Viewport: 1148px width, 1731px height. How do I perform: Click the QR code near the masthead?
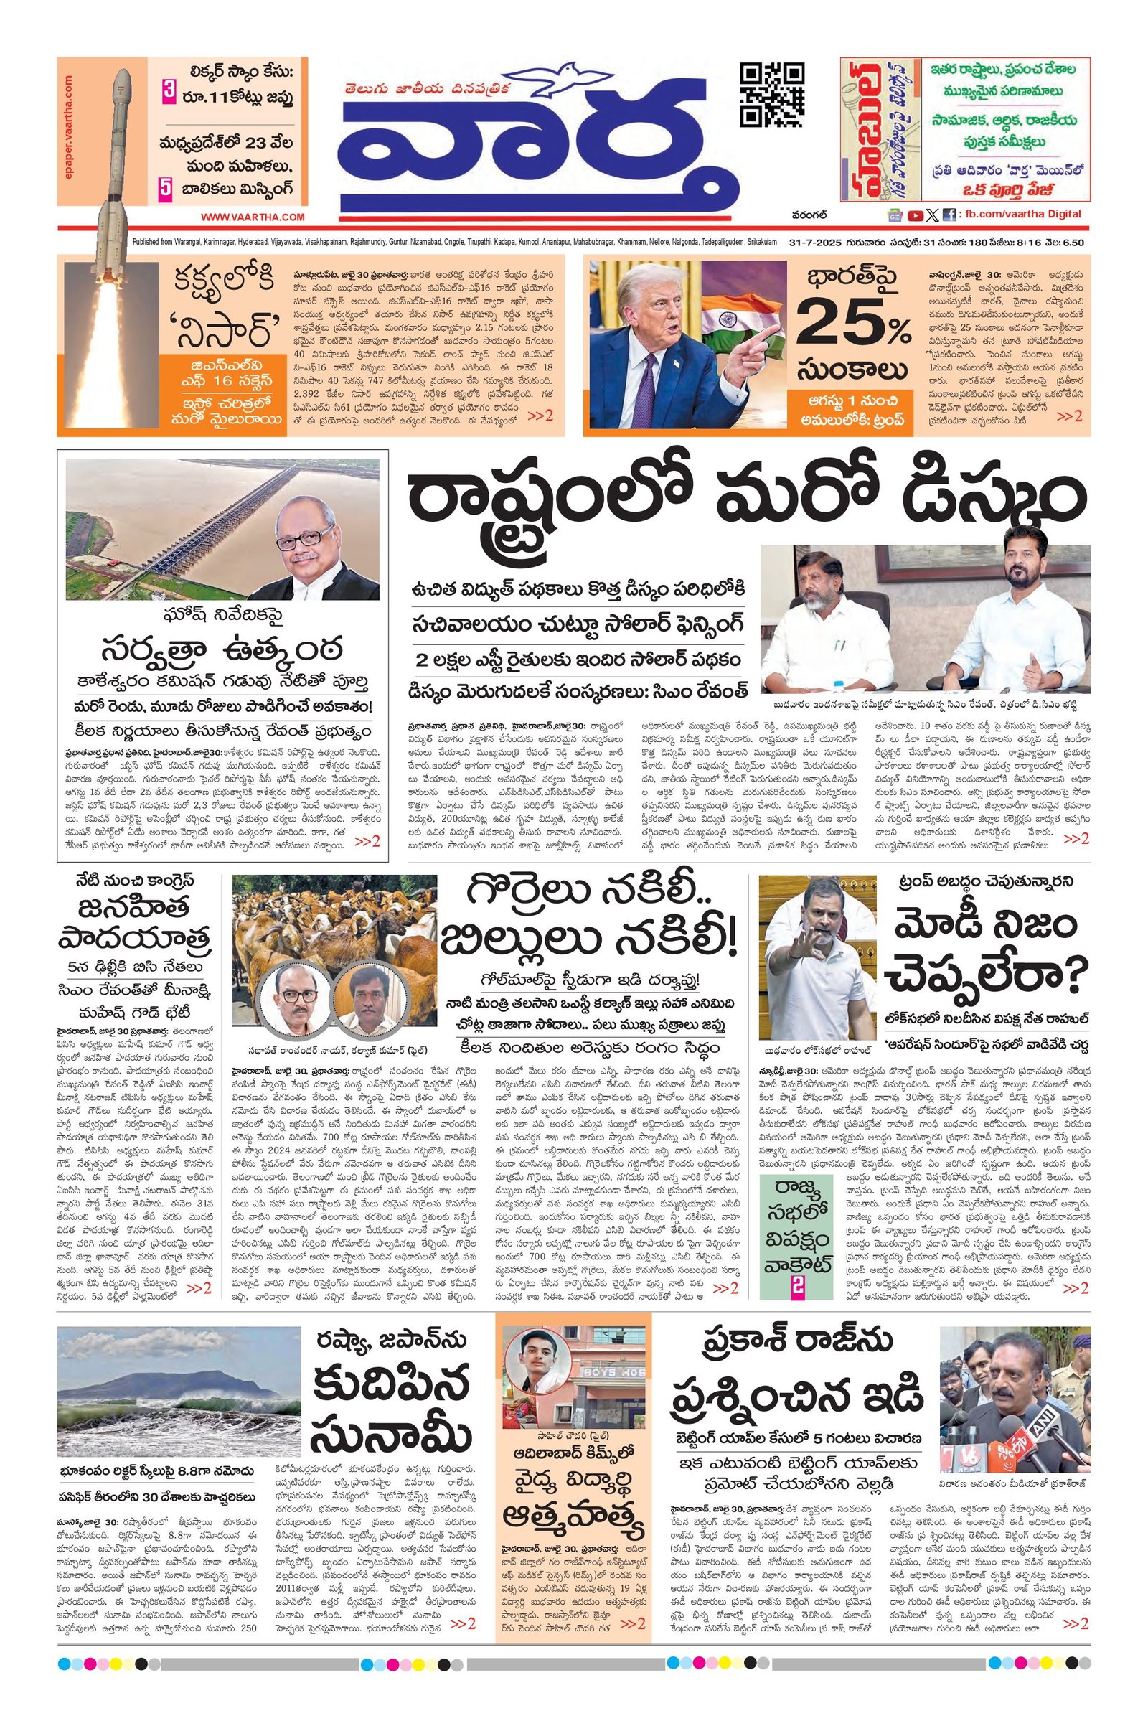[773, 95]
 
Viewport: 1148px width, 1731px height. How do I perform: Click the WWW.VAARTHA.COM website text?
[253, 217]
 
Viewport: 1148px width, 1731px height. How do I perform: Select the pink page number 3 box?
[169, 95]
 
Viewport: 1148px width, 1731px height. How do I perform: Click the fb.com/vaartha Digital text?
[1021, 215]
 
